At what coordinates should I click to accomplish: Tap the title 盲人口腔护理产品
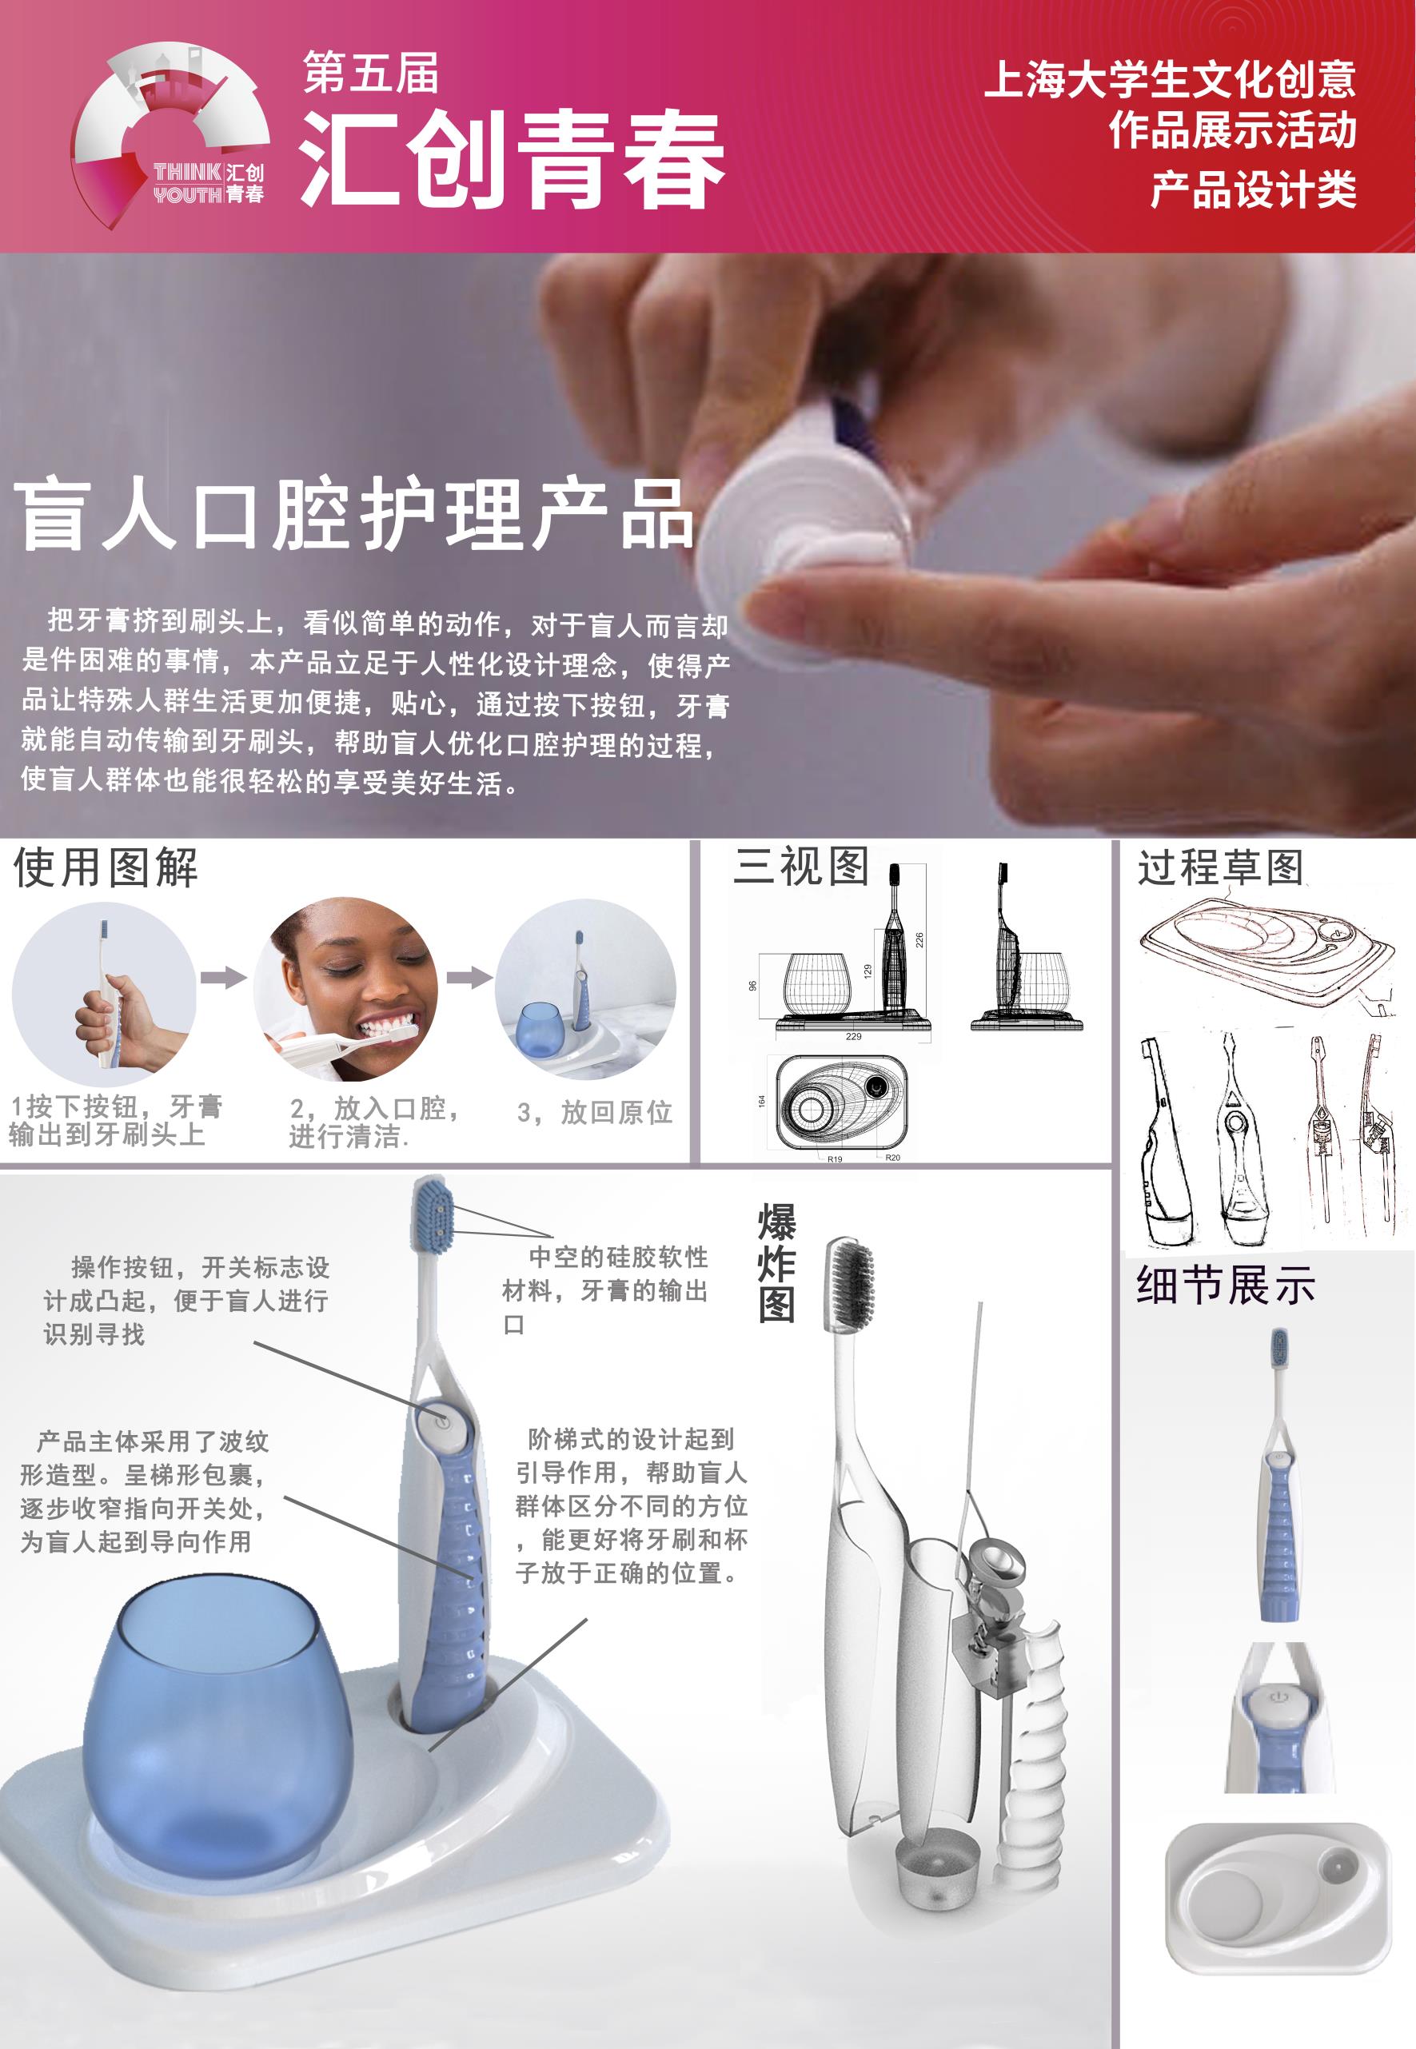tap(353, 515)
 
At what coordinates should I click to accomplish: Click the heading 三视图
tap(800, 865)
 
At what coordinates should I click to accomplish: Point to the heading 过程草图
tap(1220, 867)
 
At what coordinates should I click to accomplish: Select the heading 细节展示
tap(1224, 1286)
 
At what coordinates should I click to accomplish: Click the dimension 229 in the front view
tap(852, 1036)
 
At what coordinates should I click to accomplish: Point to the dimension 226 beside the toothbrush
tap(919, 939)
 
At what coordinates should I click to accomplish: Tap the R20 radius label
tap(892, 1158)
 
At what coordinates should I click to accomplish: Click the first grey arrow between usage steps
tap(223, 978)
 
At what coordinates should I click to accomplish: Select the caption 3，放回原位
tap(593, 1111)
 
